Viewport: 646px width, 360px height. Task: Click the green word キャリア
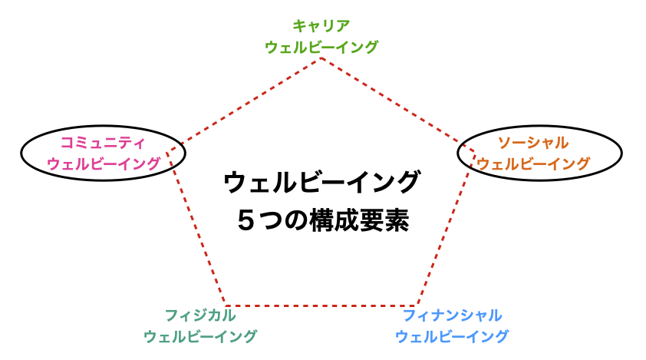[321, 26]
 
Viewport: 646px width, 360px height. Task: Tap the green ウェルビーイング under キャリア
[321, 47]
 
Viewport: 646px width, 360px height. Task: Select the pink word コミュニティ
[103, 143]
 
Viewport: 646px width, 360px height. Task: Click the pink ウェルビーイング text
[104, 163]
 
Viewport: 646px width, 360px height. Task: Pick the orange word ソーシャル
[533, 143]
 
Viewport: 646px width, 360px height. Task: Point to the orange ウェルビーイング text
[533, 163]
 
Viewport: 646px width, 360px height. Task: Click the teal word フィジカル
[200, 315]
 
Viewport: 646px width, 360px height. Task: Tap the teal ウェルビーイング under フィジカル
[200, 336]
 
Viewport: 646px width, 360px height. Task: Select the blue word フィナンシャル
[452, 315]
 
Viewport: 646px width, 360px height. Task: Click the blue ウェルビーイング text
[452, 336]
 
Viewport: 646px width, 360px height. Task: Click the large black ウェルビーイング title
[321, 182]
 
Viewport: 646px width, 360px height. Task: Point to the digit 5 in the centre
[246, 220]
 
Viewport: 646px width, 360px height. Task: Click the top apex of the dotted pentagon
[321, 58]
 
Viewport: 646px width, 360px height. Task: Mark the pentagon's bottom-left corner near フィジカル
[226, 306]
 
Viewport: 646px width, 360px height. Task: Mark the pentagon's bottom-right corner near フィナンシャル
[417, 306]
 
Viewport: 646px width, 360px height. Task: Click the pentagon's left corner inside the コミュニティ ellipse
[166, 153]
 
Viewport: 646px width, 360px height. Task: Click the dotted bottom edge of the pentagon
[321, 306]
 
